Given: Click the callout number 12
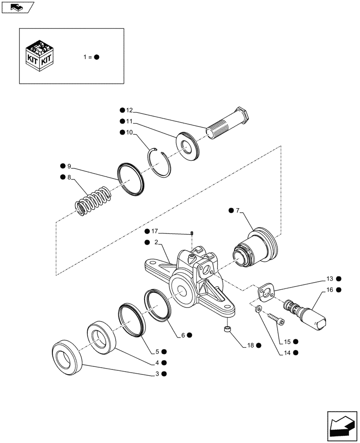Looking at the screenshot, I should tap(129, 110).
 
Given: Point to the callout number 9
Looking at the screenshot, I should tap(69, 166).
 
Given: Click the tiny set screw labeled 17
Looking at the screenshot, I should tap(192, 233).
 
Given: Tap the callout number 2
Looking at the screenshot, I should tap(157, 242).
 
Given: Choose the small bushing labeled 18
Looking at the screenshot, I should tap(228, 330).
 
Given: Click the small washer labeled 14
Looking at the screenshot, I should tap(258, 309).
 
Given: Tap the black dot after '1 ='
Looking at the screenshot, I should tap(96, 57).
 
